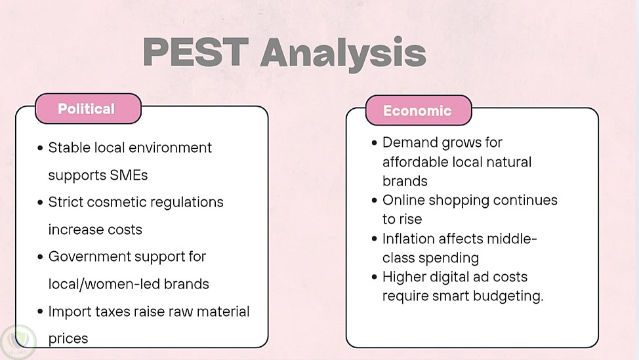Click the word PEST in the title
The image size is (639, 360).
196,52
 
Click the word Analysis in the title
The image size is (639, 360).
343,53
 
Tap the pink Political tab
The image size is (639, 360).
88,109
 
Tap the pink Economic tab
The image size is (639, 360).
419,110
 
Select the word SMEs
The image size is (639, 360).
129,175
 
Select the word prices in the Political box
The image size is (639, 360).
68,339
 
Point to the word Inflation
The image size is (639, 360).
409,239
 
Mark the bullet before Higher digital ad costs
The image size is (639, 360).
375,277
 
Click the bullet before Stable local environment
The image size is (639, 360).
40,148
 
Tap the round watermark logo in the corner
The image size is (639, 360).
18,342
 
